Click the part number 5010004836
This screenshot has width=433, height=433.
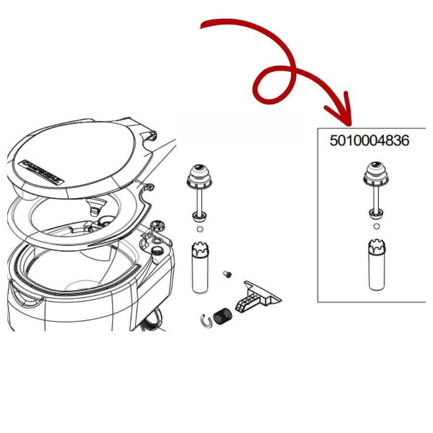click(x=369, y=141)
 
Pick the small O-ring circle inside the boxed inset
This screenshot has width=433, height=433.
click(x=376, y=226)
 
